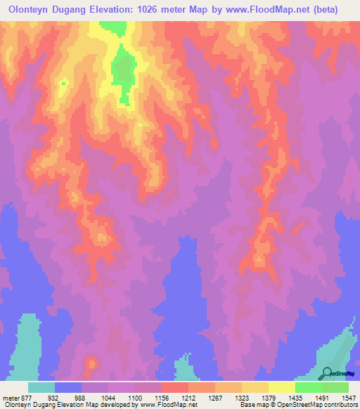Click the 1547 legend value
coord(349,398)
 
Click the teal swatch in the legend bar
coord(41,387)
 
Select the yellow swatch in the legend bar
coord(282,387)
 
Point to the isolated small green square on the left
coord(63,84)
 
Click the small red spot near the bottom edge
coord(91,364)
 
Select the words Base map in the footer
coord(252,405)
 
